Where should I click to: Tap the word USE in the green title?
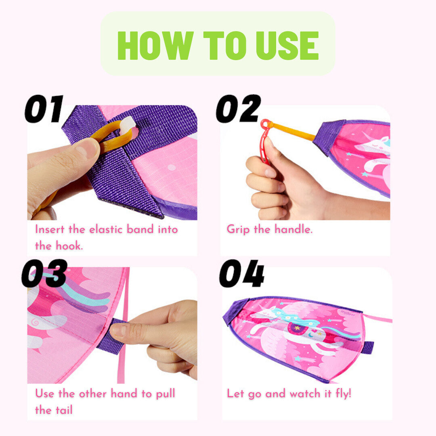[287, 45]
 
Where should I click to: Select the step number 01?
[44, 109]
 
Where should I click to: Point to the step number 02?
[238, 109]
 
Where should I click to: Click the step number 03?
[44, 273]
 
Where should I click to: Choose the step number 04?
[242, 273]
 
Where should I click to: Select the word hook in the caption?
[69, 246]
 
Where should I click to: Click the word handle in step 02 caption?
[293, 229]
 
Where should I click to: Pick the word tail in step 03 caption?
[64, 410]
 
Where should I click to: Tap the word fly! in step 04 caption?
[344, 394]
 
